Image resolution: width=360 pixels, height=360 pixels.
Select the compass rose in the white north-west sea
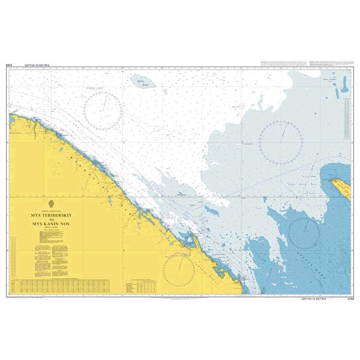pyautogui.click(x=103, y=110)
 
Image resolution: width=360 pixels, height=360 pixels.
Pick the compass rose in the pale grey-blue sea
pyautogui.click(x=280, y=140)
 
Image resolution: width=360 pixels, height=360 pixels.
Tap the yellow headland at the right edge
pyautogui.click(x=340, y=188)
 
